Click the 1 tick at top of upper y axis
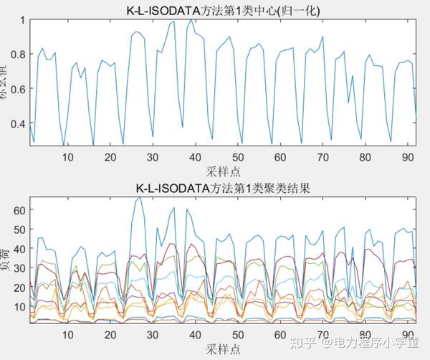click(x=21, y=20)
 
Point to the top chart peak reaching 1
click(x=191, y=20)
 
